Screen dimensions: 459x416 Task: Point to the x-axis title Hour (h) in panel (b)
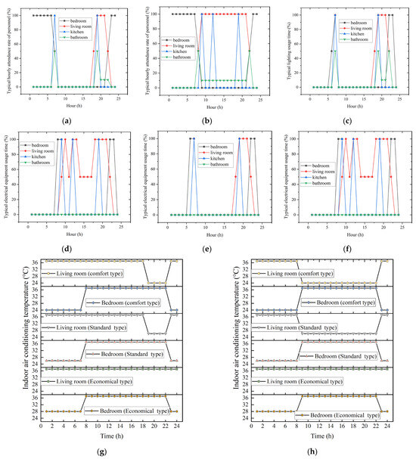point(214,107)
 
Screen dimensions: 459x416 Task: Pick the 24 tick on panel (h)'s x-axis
point(387,426)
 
